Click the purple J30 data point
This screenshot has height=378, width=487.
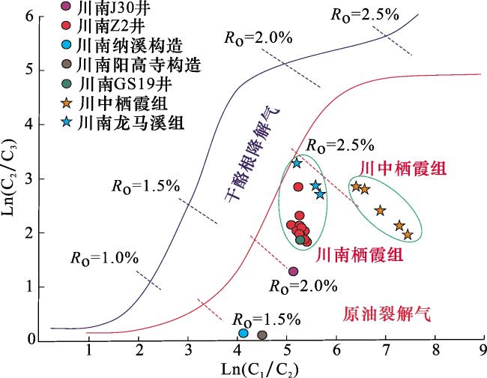[x=294, y=271]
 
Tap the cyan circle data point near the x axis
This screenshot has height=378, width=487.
[x=243, y=333]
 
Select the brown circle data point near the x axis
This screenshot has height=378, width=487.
[x=262, y=335]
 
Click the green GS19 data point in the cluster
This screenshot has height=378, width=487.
[x=300, y=239]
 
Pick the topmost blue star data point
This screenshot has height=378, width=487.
[x=297, y=163]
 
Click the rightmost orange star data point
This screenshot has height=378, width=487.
[x=408, y=235]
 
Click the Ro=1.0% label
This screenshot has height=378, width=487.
[x=105, y=257]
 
